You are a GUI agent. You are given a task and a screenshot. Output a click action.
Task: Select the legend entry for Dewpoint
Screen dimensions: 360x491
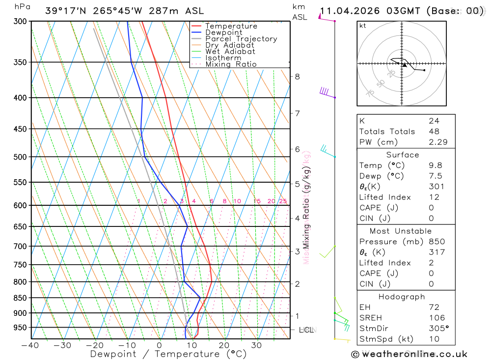[x=223, y=32]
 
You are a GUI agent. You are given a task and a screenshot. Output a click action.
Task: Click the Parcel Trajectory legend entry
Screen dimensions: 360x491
[x=241, y=39]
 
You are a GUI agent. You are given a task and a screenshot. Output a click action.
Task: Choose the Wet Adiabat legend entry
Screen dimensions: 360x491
[x=230, y=52]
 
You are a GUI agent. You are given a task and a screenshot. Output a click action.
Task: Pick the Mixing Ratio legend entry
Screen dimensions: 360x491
[x=231, y=64]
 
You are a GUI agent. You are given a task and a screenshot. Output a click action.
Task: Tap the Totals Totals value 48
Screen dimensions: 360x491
[x=434, y=132]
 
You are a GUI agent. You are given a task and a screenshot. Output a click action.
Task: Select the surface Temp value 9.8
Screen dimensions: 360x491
[x=434, y=166]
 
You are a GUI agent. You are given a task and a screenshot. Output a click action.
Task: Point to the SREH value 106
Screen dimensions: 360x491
[x=436, y=318]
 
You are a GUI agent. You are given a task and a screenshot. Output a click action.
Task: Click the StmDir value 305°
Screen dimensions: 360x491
[x=438, y=329]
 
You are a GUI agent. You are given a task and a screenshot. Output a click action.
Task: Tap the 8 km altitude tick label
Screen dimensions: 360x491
[x=297, y=77]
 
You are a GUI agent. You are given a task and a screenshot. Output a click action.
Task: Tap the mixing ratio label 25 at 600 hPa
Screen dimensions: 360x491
[x=283, y=201]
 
